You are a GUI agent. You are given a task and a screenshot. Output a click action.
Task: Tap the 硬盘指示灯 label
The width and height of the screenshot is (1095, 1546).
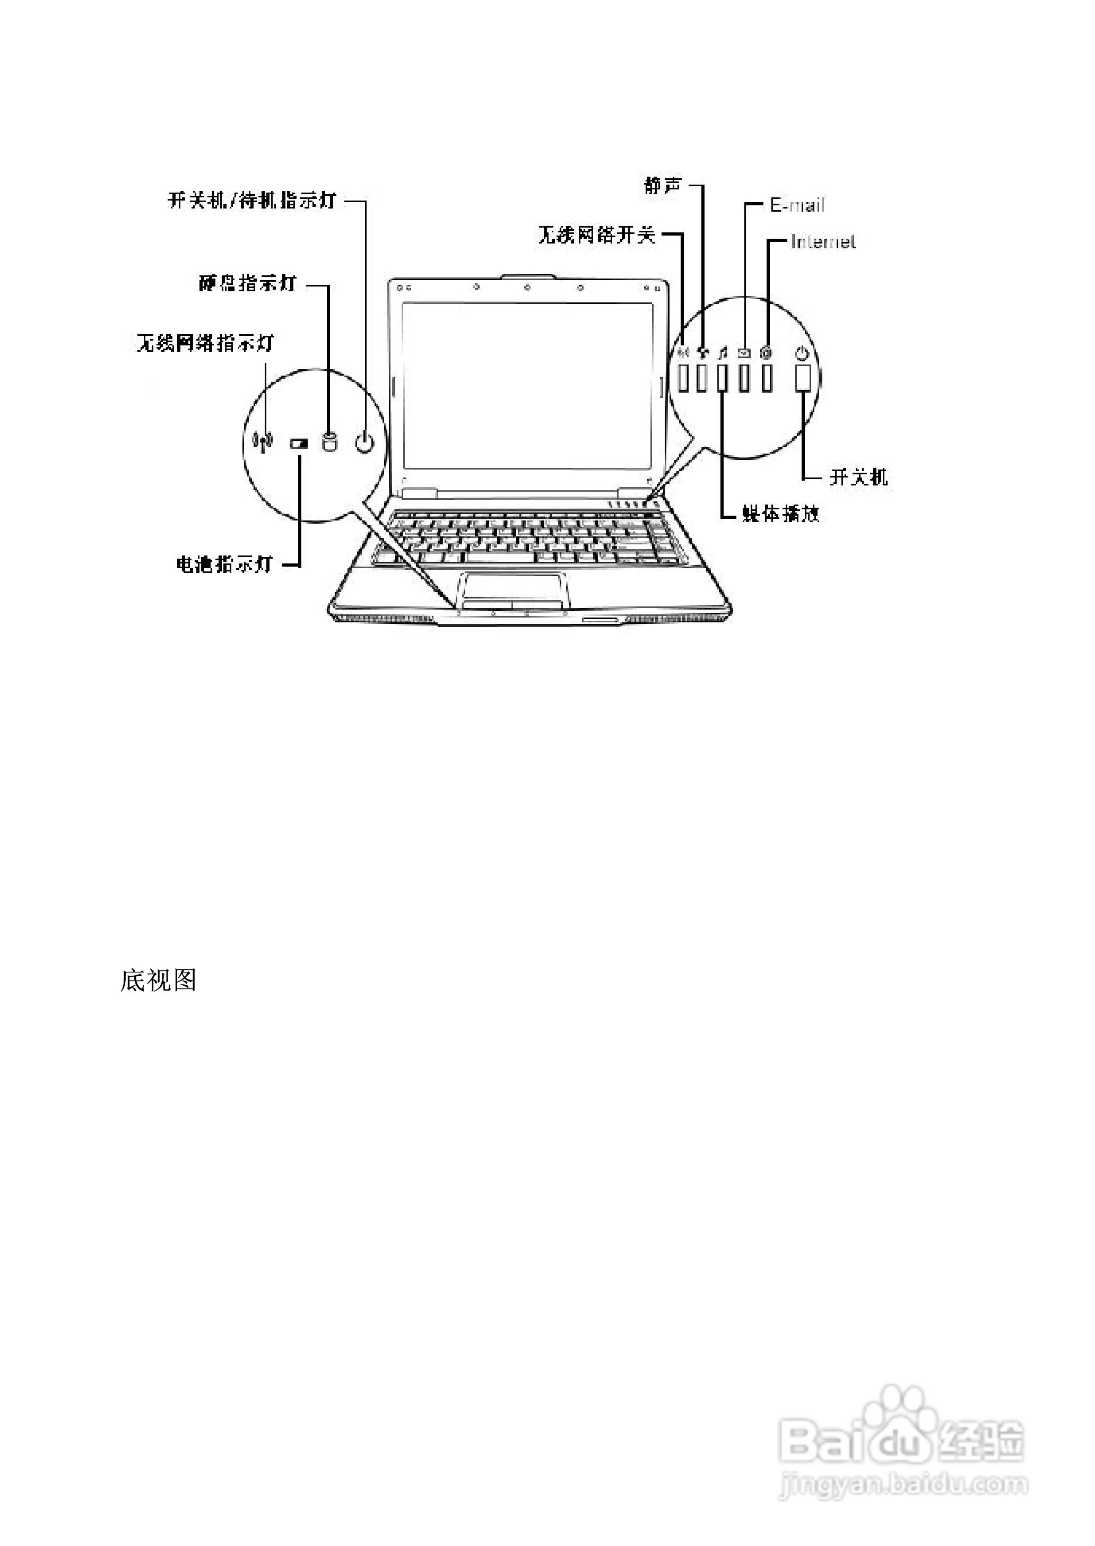click(x=247, y=283)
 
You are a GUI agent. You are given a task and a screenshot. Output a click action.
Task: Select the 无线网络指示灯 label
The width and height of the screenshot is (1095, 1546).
click(x=206, y=343)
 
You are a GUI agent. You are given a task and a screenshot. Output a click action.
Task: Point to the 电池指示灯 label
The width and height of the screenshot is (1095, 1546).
click(x=224, y=563)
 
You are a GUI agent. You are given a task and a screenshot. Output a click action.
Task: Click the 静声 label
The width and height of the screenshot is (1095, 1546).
click(x=663, y=185)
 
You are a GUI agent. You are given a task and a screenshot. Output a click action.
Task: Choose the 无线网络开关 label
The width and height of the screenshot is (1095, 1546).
click(x=597, y=234)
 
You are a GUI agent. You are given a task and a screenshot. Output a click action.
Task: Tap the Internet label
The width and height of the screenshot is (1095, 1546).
click(x=823, y=241)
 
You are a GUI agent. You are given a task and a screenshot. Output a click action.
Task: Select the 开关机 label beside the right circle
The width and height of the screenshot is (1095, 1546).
click(x=858, y=477)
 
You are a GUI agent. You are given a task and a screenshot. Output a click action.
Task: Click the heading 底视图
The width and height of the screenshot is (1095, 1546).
click(x=158, y=980)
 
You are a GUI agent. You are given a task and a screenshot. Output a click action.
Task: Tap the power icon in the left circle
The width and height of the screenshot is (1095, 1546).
click(x=364, y=442)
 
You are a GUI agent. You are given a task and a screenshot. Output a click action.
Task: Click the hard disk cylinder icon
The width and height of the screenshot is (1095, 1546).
click(x=329, y=442)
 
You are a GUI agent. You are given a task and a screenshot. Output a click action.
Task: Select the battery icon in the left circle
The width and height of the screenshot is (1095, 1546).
click(x=299, y=444)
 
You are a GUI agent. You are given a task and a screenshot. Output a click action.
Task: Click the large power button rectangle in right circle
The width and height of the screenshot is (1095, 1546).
click(x=802, y=378)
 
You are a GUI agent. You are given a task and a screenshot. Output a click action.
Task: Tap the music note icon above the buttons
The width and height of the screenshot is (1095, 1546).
click(x=722, y=352)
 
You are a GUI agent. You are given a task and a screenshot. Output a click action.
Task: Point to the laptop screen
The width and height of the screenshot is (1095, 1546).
click(x=528, y=385)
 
